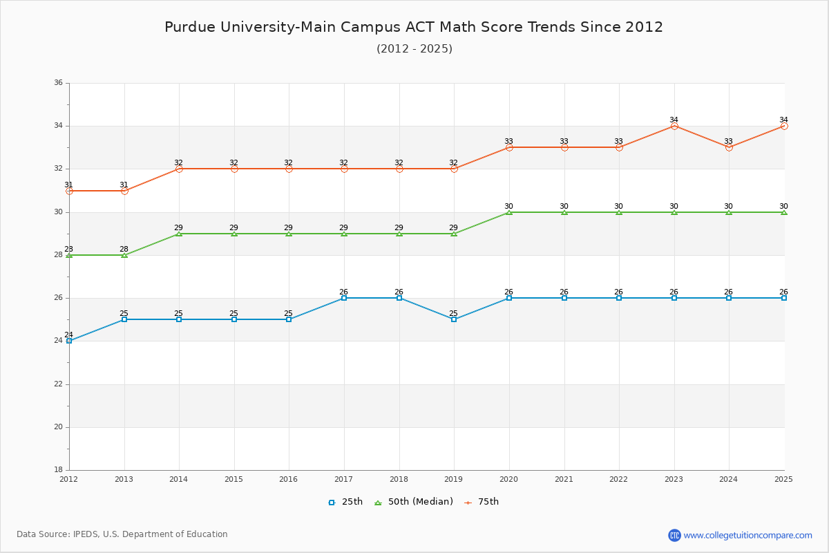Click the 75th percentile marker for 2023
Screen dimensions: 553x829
coord(674,126)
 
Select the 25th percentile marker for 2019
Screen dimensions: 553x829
coord(454,319)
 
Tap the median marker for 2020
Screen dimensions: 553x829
coord(509,212)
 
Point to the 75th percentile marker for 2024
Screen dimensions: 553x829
coord(729,147)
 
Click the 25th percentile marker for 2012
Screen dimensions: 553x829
coord(69,341)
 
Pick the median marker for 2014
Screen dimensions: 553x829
coord(179,234)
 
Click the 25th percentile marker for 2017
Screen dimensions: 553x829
coord(344,298)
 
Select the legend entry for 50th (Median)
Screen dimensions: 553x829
coord(414,502)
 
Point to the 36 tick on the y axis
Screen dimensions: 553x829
coord(58,83)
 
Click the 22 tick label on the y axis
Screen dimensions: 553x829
coord(58,384)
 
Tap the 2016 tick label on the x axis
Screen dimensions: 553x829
coord(289,479)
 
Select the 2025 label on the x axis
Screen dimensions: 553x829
coord(783,479)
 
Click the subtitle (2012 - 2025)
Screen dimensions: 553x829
coord(414,48)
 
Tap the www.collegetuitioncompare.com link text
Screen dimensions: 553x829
coord(748,535)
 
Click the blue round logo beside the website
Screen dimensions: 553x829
coord(674,535)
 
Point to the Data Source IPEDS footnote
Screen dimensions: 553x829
coord(122,534)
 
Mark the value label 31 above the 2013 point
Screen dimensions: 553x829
coord(124,185)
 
